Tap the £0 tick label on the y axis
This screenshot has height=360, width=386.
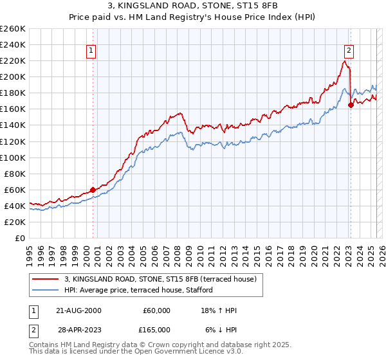click(x=19, y=238)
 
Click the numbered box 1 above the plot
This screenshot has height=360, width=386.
click(x=91, y=51)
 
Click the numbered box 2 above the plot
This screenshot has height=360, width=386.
click(x=349, y=51)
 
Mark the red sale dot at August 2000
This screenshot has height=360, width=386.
click(x=93, y=190)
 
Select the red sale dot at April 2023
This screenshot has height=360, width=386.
click(x=351, y=105)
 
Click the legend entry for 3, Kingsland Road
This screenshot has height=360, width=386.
click(x=161, y=279)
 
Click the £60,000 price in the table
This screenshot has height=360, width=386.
click(x=156, y=310)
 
